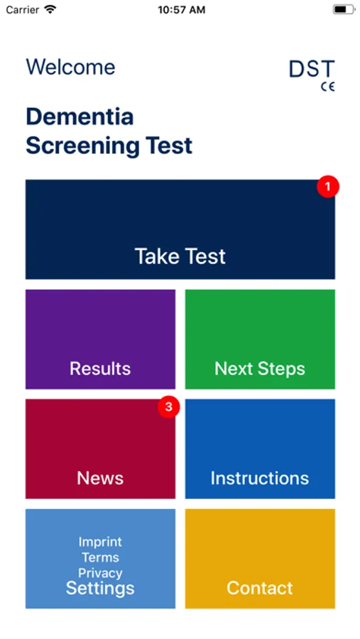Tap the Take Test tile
180,229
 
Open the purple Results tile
100,339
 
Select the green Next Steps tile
260,339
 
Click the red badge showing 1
328,187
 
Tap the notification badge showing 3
168,407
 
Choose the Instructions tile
260,449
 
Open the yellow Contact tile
260,559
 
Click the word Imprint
100,542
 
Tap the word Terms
100,557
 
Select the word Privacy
100,573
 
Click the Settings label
100,588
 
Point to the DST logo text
312,69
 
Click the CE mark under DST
328,87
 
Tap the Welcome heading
70,67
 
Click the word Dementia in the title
80,117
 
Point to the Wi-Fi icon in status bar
50,9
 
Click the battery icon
344,9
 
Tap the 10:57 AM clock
182,10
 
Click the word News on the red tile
100,478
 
